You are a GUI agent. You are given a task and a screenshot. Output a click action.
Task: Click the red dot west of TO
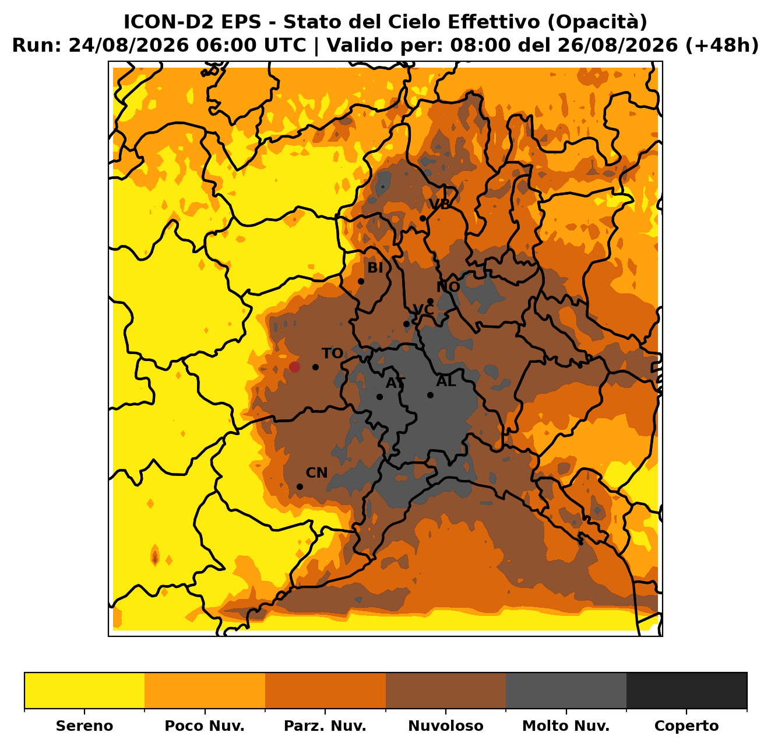[x=294, y=367]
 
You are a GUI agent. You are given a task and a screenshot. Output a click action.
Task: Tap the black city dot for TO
[x=315, y=367]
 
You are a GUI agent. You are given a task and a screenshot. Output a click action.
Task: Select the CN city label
[x=316, y=472]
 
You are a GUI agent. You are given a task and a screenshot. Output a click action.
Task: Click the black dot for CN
[x=300, y=486]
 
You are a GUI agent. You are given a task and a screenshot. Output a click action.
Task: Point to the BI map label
[x=375, y=268]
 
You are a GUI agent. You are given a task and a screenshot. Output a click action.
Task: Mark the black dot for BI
[x=361, y=281]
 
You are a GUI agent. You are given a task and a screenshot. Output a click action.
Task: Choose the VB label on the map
[x=439, y=204]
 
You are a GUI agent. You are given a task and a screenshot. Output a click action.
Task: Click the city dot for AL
[x=430, y=395]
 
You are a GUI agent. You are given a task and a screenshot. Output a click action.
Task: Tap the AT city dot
[x=379, y=397]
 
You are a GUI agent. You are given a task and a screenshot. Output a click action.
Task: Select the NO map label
[x=448, y=286]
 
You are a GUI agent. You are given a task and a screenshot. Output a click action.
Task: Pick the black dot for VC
[x=406, y=324]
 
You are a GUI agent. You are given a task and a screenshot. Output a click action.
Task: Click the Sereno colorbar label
[x=85, y=726]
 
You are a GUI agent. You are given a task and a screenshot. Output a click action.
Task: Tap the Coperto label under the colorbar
[x=686, y=726]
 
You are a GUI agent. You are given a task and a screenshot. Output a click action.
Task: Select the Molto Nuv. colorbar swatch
[x=566, y=690]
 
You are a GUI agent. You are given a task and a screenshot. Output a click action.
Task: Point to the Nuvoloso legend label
[x=446, y=726]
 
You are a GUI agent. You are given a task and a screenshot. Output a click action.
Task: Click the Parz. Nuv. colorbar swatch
[x=325, y=690]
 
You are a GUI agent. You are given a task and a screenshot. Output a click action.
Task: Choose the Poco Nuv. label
[x=205, y=726]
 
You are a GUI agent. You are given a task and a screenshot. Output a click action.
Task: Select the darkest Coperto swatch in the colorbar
[x=686, y=690]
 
